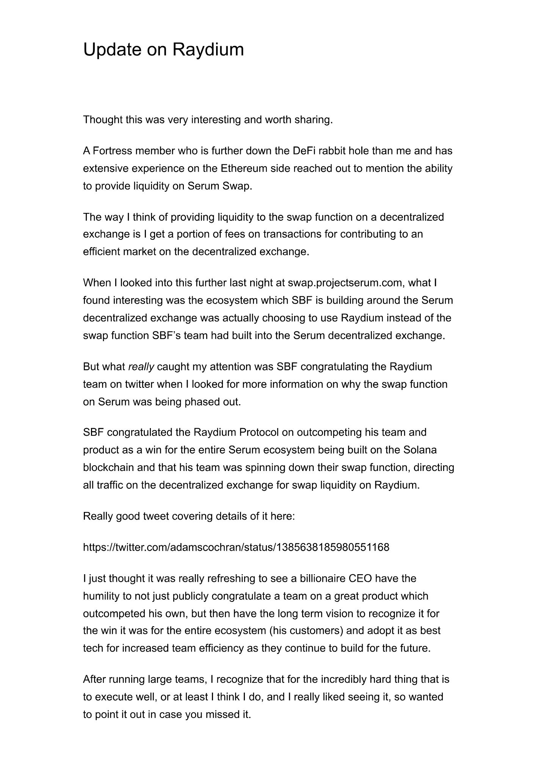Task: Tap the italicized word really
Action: point(141,367)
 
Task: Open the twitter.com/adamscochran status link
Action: point(236,548)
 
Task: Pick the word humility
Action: point(101,596)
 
